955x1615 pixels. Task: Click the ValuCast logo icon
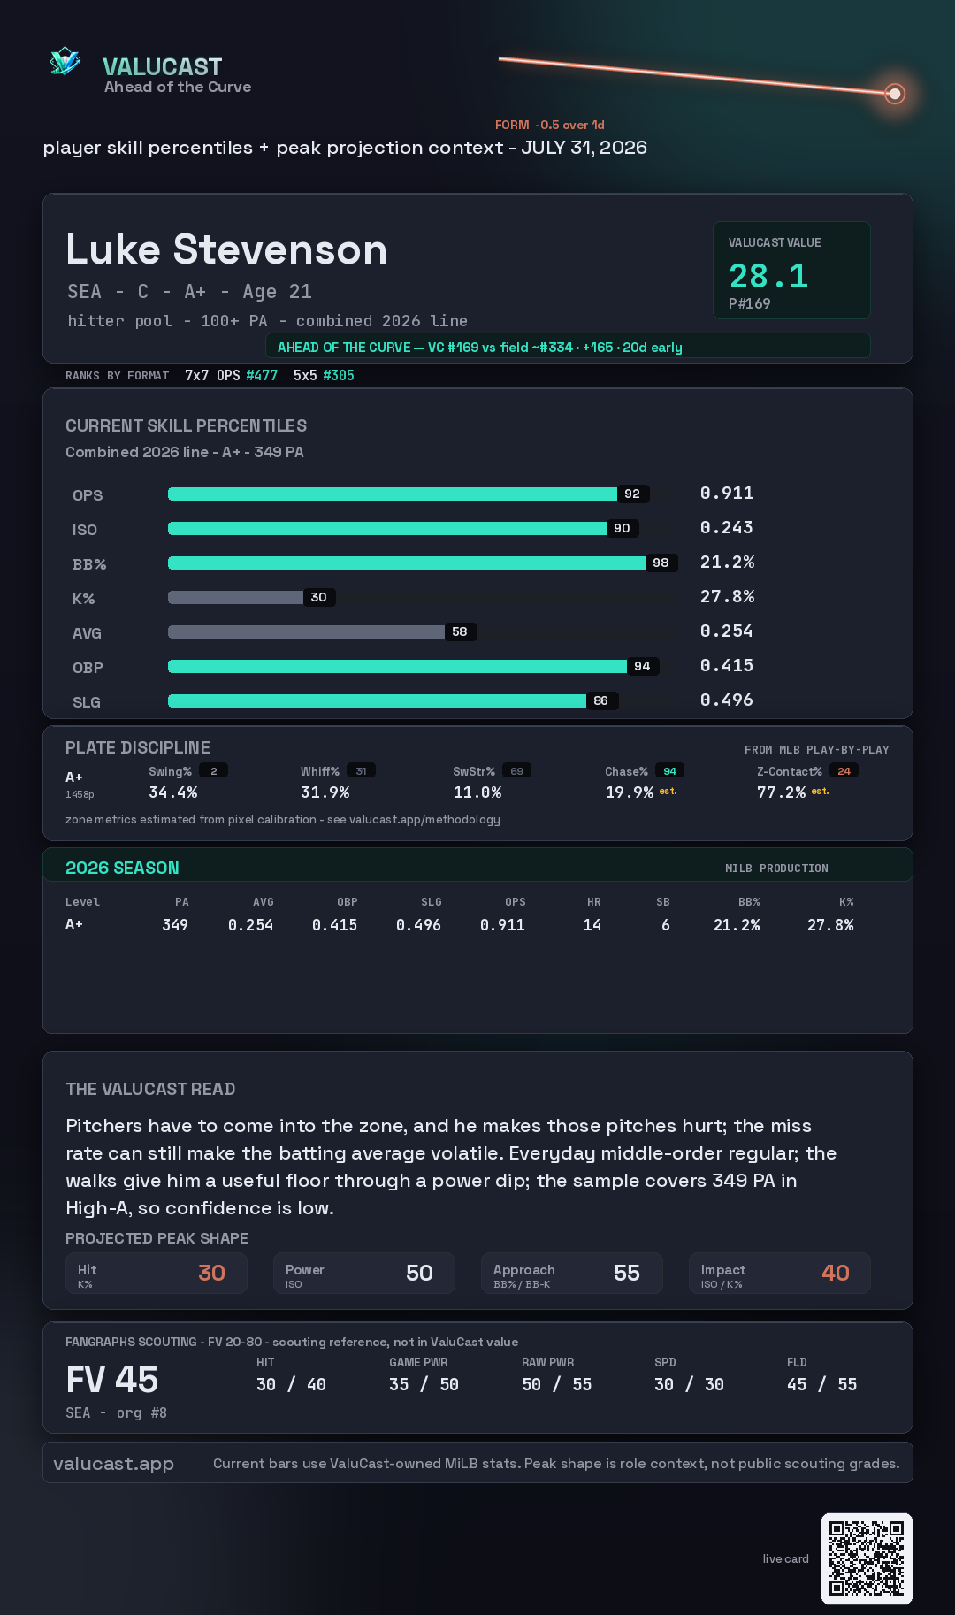pos(65,61)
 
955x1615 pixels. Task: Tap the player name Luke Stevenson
pos(226,249)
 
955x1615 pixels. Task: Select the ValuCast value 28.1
pos(768,276)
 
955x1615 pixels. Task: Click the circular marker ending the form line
pos(895,93)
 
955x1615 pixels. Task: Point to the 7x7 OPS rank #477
pos(261,375)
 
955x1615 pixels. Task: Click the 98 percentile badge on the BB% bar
pos(661,563)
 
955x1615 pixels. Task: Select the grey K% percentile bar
pos(235,597)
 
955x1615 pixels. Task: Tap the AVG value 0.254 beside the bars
pos(726,631)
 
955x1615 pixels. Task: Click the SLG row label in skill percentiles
pos(87,702)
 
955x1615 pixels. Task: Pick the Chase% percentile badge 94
pos(669,771)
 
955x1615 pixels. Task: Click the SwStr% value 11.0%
pos(477,792)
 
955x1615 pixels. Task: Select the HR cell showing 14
pos(592,925)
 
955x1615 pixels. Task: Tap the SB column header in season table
pos(663,902)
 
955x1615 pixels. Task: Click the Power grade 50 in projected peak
pos(419,1273)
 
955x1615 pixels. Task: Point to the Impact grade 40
pos(836,1273)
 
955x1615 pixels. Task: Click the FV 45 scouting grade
pos(112,1380)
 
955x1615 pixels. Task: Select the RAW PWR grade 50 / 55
pos(556,1384)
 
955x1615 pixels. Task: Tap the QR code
pos(867,1558)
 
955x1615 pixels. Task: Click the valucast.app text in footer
pos(113,1464)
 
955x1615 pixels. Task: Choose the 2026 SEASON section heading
pos(122,868)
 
